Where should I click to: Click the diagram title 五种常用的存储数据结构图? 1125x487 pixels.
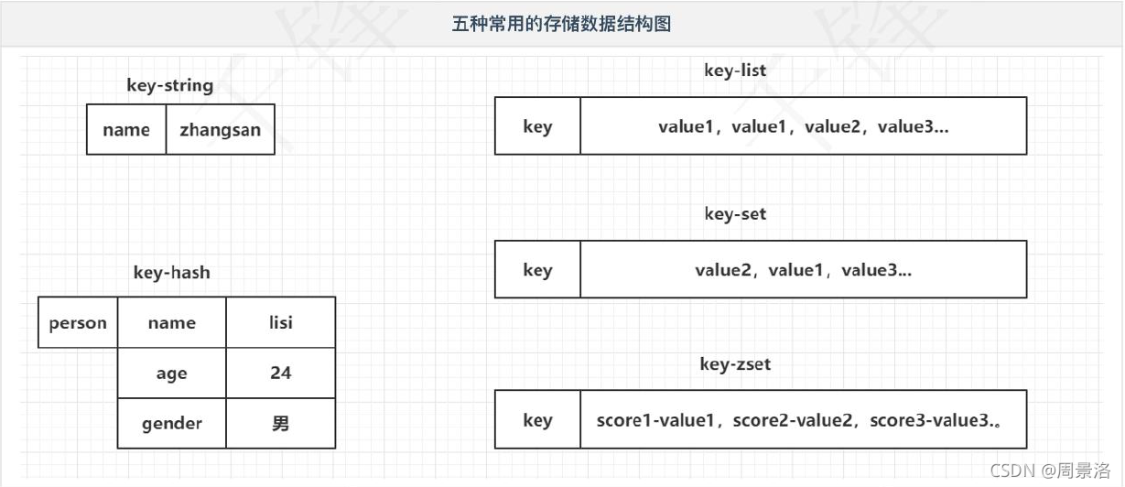click(561, 24)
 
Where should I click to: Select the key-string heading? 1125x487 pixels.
click(170, 86)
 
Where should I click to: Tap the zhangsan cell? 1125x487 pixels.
click(220, 130)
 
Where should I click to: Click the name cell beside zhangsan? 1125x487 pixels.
click(126, 130)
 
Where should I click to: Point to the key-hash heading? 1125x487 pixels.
click(171, 272)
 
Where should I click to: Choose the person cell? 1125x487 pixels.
click(78, 322)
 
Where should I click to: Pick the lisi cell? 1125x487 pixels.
click(280, 322)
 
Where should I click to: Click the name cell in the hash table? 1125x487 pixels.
click(171, 322)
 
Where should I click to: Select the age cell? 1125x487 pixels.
click(171, 373)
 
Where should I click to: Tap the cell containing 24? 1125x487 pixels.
click(280, 373)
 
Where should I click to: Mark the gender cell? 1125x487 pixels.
click(171, 423)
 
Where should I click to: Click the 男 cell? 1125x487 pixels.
click(280, 423)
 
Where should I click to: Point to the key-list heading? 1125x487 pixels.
click(735, 70)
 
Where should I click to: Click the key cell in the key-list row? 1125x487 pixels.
click(537, 126)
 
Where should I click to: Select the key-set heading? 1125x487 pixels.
click(735, 214)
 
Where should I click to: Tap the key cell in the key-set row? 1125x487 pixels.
click(537, 270)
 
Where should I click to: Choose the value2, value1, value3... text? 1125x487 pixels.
click(803, 270)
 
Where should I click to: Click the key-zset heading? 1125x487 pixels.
click(735, 363)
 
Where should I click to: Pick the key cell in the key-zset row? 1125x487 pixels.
click(537, 420)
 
